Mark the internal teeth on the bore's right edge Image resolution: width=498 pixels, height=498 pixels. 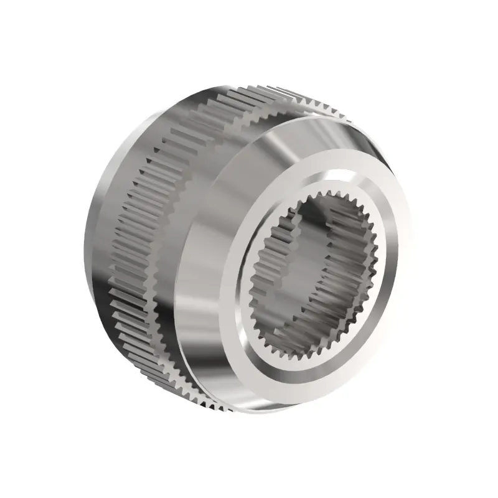pos(367,274)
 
